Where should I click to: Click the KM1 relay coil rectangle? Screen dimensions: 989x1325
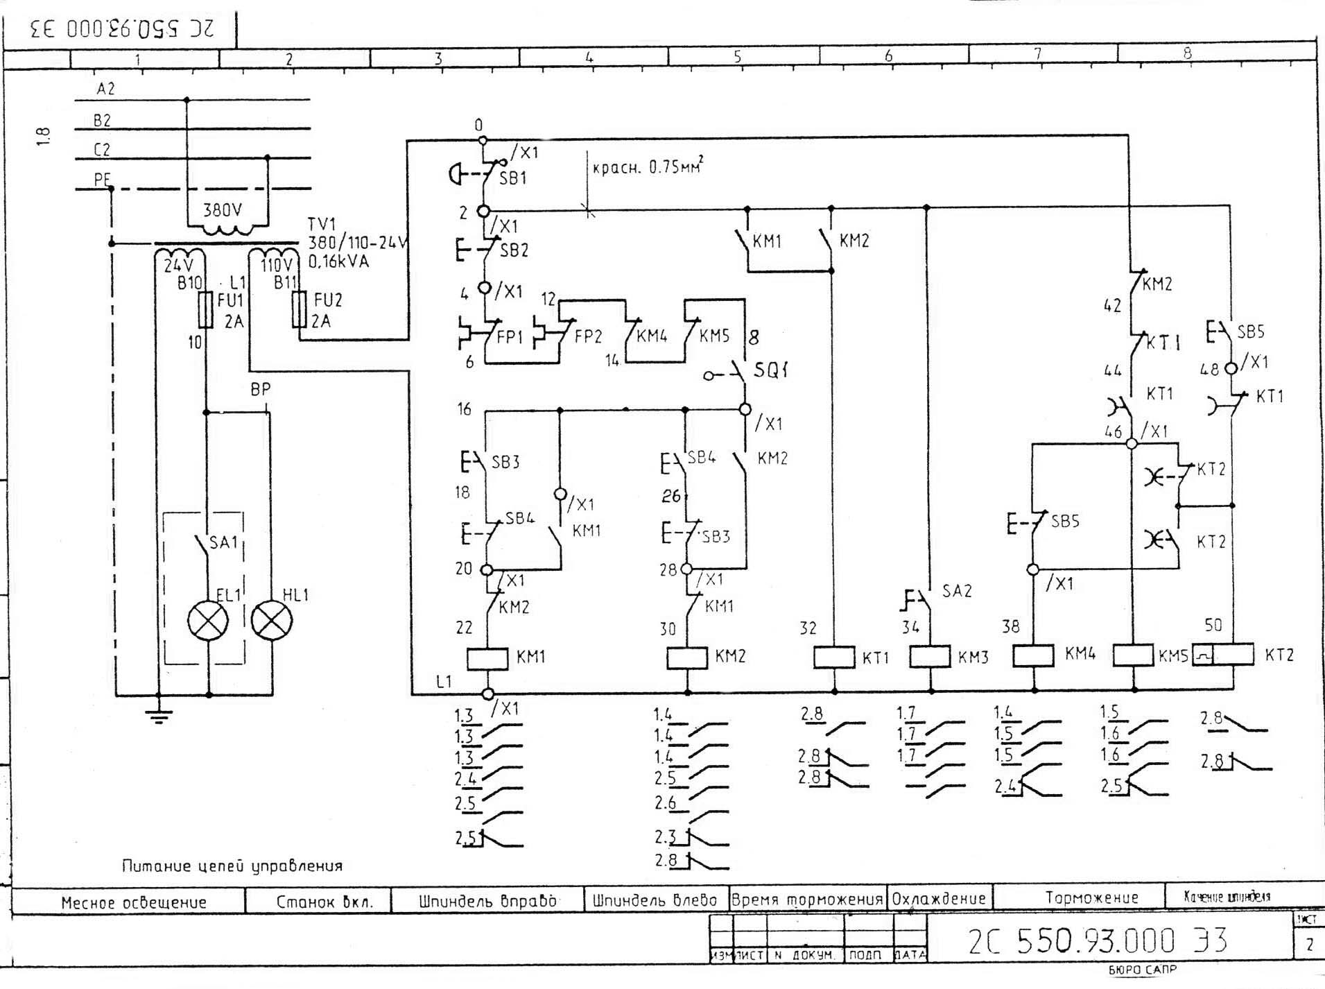tap(487, 658)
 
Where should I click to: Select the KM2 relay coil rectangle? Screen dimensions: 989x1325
tap(686, 657)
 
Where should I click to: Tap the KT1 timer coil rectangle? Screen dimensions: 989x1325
tap(833, 657)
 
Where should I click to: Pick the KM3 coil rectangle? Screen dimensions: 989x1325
tap(929, 656)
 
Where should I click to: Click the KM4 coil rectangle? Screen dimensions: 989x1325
tap(1033, 655)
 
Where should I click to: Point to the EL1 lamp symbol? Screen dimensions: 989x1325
tap(208, 620)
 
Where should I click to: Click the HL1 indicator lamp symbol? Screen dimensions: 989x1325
tap(271, 620)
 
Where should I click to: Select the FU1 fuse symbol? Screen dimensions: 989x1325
tap(205, 309)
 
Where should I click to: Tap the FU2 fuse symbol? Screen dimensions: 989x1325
tap(299, 309)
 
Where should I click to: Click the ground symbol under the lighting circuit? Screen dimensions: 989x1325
tap(159, 715)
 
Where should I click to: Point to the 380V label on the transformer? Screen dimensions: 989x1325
tap(223, 209)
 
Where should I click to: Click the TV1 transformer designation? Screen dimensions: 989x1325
tap(322, 225)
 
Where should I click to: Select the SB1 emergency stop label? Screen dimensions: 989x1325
tap(513, 178)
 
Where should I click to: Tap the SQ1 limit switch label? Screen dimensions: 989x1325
tap(770, 370)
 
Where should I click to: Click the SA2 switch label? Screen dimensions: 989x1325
tap(957, 591)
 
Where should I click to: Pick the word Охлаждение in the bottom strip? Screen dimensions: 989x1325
tap(939, 899)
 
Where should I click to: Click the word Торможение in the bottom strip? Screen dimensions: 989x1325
tap(1091, 897)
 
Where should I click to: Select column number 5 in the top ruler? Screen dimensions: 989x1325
tap(737, 56)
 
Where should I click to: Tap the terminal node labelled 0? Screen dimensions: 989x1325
tap(483, 141)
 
